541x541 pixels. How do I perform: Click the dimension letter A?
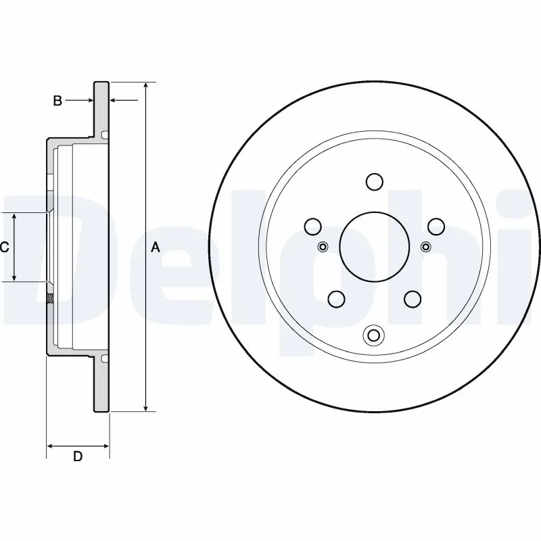coord(155,248)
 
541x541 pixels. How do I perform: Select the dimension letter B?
coord(58,101)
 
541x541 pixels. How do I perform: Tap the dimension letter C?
coord(4,248)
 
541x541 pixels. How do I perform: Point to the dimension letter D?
coord(78,456)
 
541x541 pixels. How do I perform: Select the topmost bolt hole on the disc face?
coord(373,181)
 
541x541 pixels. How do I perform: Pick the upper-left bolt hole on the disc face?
coord(312,226)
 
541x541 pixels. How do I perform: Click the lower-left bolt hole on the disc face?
coord(335,298)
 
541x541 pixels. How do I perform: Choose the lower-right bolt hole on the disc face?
coord(412,298)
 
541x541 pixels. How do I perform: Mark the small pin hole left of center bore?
coord(323,246)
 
